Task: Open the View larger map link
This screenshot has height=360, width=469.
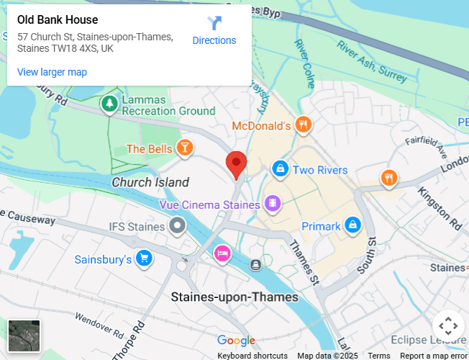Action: [52, 72]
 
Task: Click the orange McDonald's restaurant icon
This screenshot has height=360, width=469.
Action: [304, 125]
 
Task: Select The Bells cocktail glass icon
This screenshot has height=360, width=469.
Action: [185, 148]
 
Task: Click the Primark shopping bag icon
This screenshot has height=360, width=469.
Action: [352, 226]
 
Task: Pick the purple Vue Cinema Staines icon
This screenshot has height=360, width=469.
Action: [273, 204]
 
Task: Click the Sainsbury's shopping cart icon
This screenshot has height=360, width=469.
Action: [145, 258]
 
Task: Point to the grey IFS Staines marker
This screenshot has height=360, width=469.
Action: [177, 227]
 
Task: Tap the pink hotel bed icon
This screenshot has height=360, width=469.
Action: [222, 253]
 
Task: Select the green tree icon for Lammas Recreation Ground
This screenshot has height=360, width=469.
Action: [109, 104]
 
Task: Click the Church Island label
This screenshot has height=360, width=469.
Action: [150, 182]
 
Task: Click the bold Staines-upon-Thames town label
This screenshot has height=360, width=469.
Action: [234, 297]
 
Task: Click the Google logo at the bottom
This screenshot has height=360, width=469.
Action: [236, 341]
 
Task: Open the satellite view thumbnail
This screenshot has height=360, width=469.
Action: [24, 336]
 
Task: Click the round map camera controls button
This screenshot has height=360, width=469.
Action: [447, 325]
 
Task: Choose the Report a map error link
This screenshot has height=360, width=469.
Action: [433, 356]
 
